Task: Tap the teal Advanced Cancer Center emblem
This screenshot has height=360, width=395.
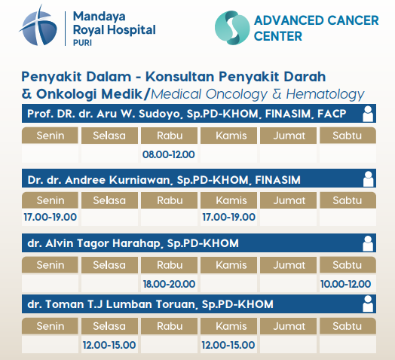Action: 232,28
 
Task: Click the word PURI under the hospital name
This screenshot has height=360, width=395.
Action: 82,43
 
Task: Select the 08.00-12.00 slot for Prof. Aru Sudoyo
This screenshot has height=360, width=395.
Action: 169,154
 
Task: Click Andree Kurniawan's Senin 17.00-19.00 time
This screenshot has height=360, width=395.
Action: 51,217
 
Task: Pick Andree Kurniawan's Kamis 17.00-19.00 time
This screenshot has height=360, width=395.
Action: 228,217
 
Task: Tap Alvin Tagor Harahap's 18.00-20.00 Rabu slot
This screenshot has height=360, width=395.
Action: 169,284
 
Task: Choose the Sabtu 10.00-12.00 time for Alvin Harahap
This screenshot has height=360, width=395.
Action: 345,284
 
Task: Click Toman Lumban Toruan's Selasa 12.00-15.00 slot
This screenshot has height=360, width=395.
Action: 109,345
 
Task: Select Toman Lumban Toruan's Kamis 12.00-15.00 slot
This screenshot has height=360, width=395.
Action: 228,345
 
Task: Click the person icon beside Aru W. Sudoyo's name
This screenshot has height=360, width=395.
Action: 368,114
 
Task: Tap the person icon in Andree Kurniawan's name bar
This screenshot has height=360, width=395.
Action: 368,178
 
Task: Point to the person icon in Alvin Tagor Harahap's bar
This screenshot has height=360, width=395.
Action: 368,243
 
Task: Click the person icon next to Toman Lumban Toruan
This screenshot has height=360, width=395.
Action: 368,304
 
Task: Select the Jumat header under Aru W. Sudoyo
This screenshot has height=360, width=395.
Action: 288,136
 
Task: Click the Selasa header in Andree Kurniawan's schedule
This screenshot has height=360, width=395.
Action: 109,200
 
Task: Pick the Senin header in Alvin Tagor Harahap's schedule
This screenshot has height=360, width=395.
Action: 50,265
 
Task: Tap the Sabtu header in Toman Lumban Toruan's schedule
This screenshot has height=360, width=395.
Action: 348,326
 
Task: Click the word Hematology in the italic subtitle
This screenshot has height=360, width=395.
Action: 325,95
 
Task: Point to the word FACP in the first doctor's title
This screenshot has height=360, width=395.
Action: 332,114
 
